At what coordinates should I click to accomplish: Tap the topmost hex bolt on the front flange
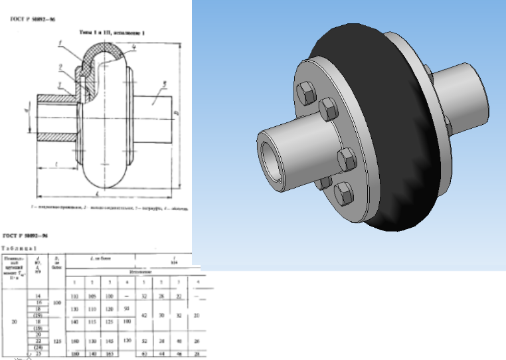click(306, 91)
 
